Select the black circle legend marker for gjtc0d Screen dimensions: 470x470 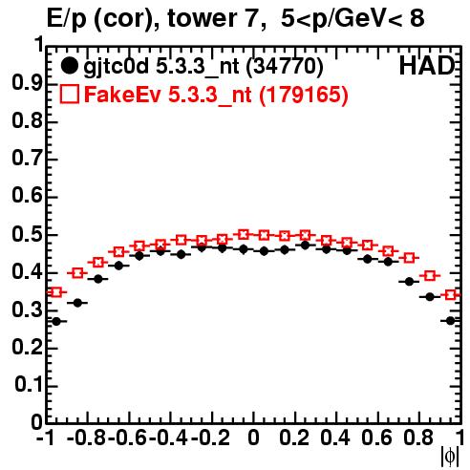pos(69,66)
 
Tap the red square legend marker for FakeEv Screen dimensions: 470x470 pos(69,94)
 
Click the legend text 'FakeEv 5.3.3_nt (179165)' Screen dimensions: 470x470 pos(216,95)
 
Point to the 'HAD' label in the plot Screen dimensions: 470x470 pos(427,66)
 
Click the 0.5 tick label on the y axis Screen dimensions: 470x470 pos(27,235)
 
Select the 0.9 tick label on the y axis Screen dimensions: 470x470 pos(27,83)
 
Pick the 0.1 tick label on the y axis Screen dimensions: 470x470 pos(29,384)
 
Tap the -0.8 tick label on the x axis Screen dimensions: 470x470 pos(86,438)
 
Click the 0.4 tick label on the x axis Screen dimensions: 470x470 pos(335,438)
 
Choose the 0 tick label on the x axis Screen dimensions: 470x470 pos(253,438)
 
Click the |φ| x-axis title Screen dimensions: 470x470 pos(450,458)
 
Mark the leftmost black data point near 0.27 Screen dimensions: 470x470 pos(56,321)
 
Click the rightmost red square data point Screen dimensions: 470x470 pos(450,295)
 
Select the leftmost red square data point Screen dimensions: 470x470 pos(56,292)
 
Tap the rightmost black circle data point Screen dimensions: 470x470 pos(450,321)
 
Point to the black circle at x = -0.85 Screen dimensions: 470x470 pos(77,303)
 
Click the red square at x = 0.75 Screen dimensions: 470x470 pos(409,258)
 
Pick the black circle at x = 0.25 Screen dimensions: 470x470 pos(305,246)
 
